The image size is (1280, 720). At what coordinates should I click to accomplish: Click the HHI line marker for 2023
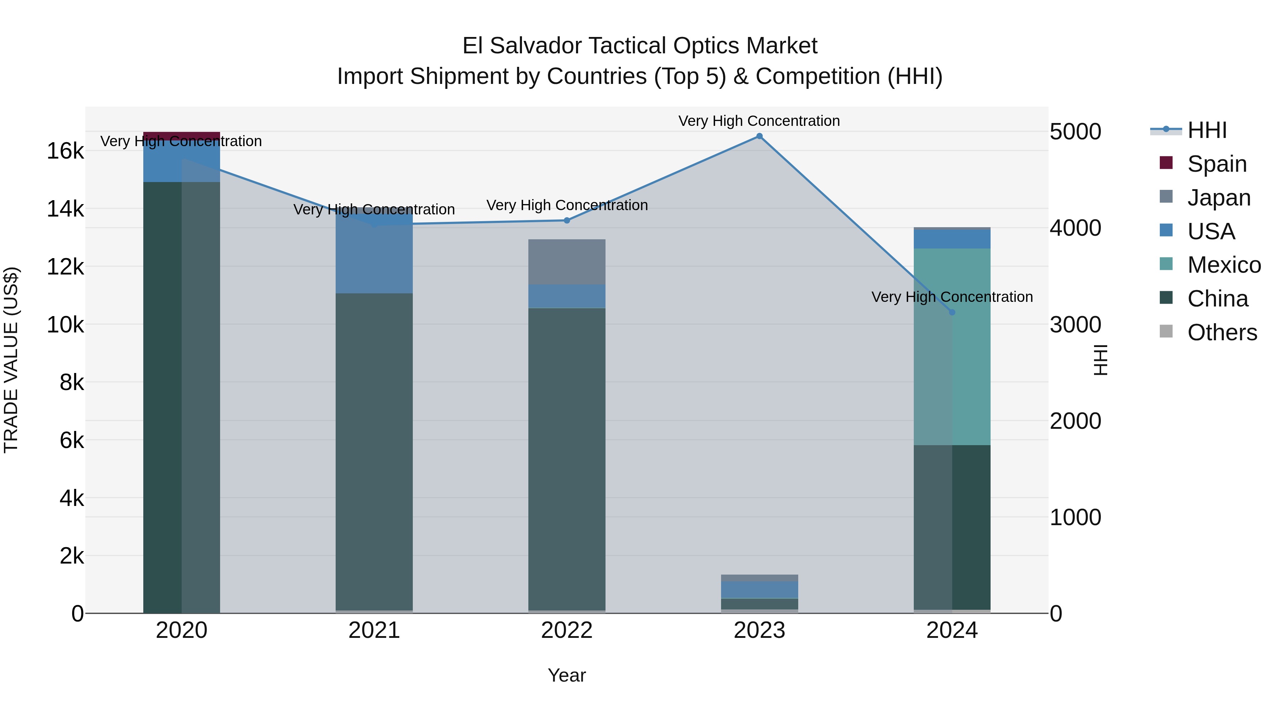759,136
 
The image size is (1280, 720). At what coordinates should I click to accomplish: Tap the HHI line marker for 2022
567,220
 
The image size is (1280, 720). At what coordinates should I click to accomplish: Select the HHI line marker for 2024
952,312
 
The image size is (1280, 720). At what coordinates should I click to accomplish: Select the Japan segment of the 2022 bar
567,261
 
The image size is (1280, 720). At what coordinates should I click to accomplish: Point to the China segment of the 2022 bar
567,457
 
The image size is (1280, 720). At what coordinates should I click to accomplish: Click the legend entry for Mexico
1223,265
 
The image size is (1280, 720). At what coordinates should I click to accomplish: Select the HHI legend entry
1206,130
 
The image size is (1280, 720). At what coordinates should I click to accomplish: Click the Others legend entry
1221,332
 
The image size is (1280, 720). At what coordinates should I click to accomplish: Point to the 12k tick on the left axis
65,267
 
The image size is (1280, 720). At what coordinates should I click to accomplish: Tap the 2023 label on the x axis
759,630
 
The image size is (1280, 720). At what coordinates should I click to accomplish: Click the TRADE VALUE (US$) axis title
11,360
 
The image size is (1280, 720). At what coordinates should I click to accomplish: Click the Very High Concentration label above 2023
759,121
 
